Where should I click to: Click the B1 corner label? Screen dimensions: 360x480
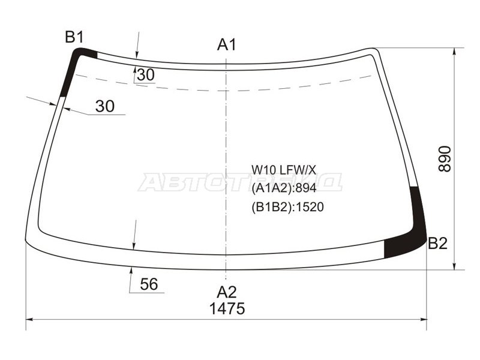pyautogui.click(x=74, y=37)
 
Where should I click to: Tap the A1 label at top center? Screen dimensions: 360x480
pyautogui.click(x=226, y=44)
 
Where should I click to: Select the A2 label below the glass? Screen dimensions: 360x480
pyautogui.click(x=226, y=292)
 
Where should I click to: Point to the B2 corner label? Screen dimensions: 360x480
pyautogui.click(x=437, y=243)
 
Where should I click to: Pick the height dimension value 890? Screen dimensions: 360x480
pyautogui.click(x=445, y=158)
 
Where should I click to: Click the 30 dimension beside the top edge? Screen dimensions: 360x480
pyautogui.click(x=145, y=75)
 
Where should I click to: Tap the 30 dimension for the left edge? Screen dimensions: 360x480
pyautogui.click(x=104, y=106)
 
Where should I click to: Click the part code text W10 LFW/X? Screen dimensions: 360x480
pyautogui.click(x=283, y=170)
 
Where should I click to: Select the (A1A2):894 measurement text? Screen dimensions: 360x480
pyautogui.click(x=283, y=188)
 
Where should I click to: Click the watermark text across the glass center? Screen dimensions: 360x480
pyautogui.click(x=240, y=182)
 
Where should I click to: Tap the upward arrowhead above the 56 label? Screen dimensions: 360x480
pyautogui.click(x=131, y=272)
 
